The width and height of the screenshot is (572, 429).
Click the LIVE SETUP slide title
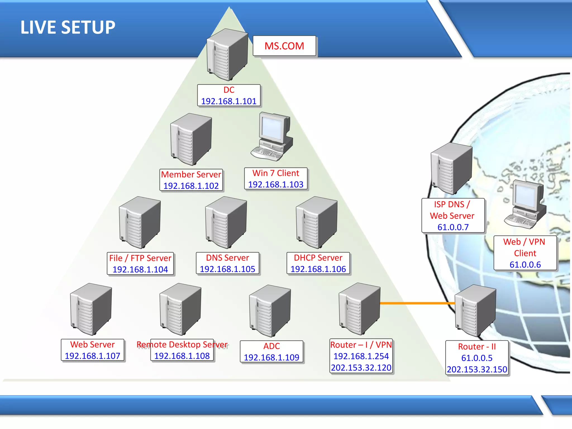pyautogui.click(x=68, y=27)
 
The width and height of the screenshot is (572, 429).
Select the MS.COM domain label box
pyautogui.click(x=284, y=46)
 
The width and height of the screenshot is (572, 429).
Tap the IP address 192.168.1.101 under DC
pyautogui.click(x=229, y=101)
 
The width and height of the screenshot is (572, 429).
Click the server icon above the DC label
pyautogui.click(x=227, y=54)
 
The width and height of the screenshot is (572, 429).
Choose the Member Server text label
pyautogui.click(x=191, y=175)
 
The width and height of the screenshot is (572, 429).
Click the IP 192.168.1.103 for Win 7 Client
pyautogui.click(x=276, y=184)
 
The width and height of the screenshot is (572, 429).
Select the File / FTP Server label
pyautogui.click(x=140, y=258)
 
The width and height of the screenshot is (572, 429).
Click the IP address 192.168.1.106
pyautogui.click(x=318, y=269)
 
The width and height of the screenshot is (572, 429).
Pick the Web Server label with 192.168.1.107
pyautogui.click(x=92, y=345)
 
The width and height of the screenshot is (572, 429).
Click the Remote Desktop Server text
pyautogui.click(x=182, y=345)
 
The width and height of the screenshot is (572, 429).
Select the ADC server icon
pyautogui.click(x=270, y=311)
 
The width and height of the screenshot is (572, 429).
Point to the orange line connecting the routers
pyautogui.click(x=418, y=303)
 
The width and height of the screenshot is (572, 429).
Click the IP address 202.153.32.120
pyautogui.click(x=361, y=368)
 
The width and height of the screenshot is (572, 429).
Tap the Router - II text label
pyautogui.click(x=477, y=347)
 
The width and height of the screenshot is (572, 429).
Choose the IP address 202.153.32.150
pyautogui.click(x=477, y=369)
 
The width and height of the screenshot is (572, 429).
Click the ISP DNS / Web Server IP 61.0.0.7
pyautogui.click(x=453, y=227)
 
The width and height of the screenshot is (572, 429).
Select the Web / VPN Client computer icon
pyautogui.click(x=525, y=204)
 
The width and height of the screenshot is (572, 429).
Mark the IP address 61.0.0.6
pyautogui.click(x=525, y=264)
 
